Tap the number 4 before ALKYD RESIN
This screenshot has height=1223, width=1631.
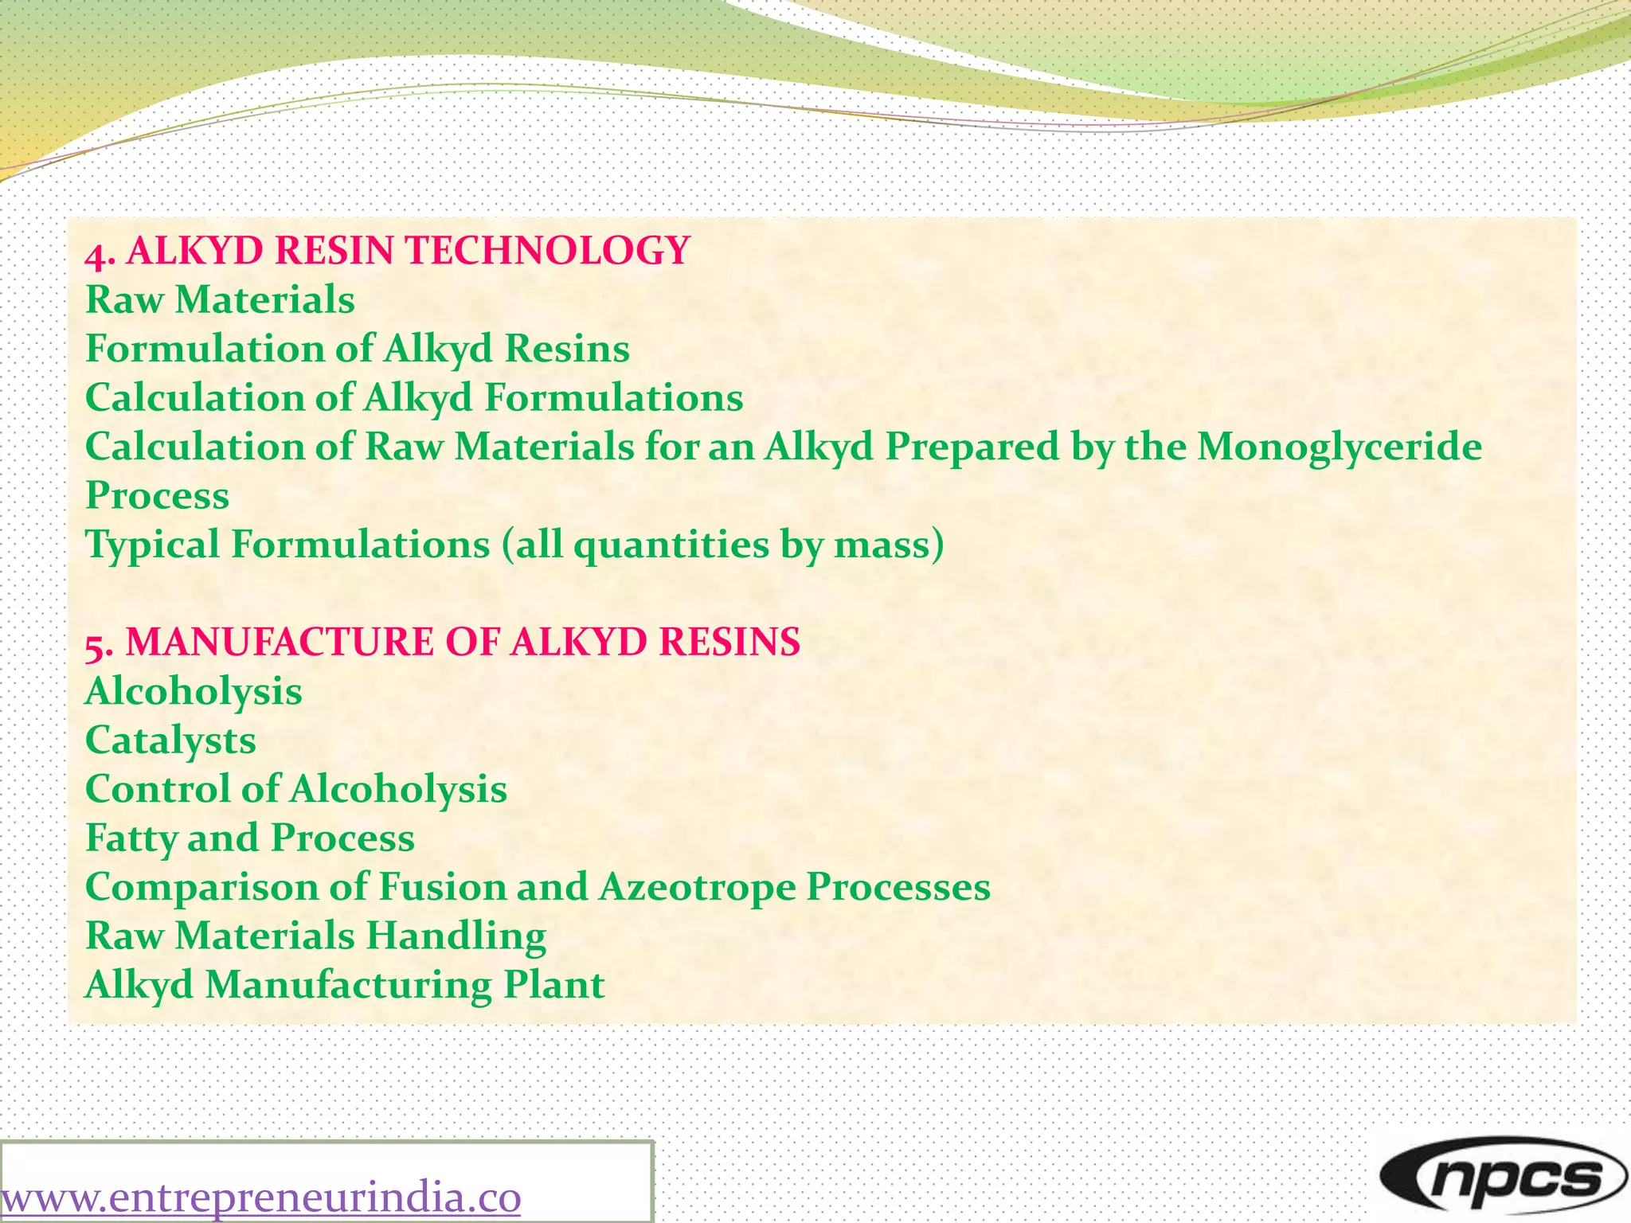(96, 254)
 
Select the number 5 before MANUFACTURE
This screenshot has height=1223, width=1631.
(95, 646)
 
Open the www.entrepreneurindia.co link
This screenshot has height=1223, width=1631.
(261, 1198)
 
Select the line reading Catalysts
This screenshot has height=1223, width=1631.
(170, 741)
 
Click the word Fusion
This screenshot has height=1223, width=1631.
(441, 888)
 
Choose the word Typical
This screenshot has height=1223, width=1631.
(152, 546)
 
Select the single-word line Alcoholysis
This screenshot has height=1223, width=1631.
(194, 692)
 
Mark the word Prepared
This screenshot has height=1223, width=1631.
(972, 447)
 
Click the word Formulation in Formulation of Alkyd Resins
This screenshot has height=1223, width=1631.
(203, 350)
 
